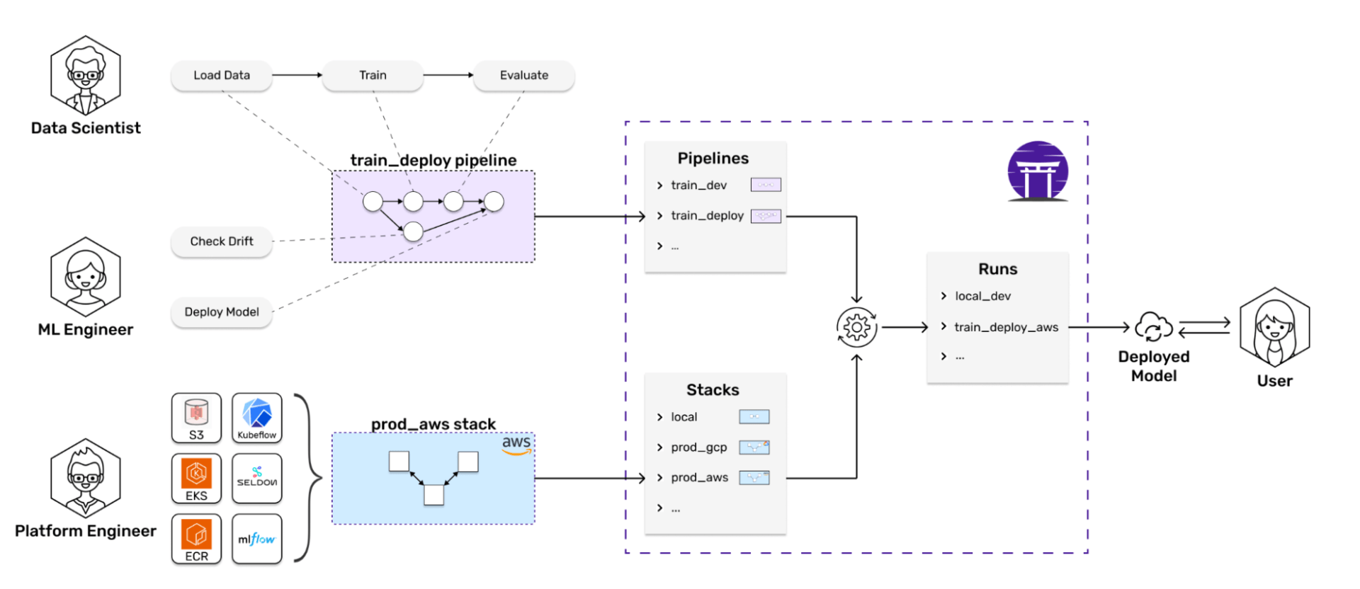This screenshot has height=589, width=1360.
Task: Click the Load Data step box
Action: click(222, 75)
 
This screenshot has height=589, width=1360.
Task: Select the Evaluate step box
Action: click(523, 75)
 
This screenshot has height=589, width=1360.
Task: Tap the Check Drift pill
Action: click(222, 241)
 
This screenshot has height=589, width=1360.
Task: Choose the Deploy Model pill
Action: click(222, 312)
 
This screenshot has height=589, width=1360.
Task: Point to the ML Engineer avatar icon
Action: click(86, 277)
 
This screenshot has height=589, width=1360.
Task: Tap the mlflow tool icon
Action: click(256, 539)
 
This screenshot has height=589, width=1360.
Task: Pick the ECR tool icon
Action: click(196, 539)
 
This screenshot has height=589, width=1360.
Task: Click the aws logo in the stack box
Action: click(516, 443)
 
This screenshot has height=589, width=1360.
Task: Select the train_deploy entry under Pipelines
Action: click(707, 216)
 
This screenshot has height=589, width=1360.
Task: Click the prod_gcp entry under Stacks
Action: click(698, 447)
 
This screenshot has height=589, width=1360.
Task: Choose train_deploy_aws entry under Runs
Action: click(1006, 327)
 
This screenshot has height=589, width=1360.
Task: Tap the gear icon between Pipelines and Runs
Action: click(856, 327)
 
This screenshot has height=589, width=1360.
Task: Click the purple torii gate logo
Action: click(1038, 171)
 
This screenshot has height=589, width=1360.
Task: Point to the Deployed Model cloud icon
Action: click(1153, 327)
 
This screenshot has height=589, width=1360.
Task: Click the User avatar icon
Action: click(1274, 327)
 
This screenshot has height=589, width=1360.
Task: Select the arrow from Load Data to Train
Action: click(297, 75)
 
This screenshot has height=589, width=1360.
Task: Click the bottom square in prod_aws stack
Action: click(433, 495)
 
